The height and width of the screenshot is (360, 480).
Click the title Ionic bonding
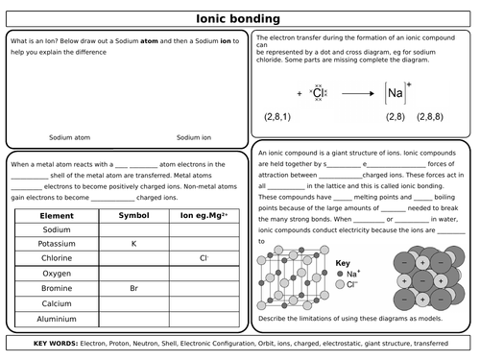[x=239, y=17]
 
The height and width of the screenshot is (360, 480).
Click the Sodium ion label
[x=194, y=137]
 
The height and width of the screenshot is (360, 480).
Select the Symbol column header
[x=133, y=216]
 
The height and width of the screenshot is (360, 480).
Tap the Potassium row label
[x=57, y=245]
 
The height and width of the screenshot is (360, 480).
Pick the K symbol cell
[x=133, y=245]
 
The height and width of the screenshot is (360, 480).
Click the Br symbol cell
[x=133, y=288]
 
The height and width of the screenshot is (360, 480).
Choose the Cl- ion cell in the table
[x=204, y=259]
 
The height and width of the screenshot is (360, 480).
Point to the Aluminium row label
[x=57, y=317]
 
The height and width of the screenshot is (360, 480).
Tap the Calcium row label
[x=57, y=302]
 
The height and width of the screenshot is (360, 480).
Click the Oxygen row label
[x=57, y=274]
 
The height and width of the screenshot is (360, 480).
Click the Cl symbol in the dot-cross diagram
[x=318, y=94]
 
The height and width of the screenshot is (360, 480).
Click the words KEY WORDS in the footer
[x=60, y=343]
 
